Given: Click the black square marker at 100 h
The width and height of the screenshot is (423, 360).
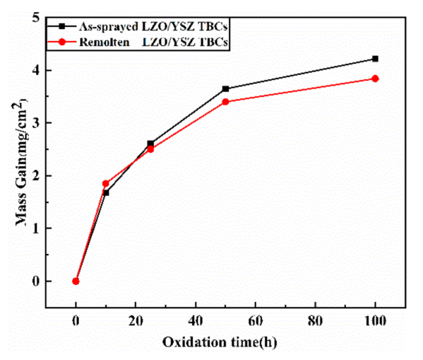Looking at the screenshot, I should tap(375, 58).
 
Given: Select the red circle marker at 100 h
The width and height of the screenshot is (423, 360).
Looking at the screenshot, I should tap(375, 78).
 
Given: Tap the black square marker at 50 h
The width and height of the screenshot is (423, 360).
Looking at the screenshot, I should tap(225, 89).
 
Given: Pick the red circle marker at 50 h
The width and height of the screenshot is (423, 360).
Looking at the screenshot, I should tap(225, 101).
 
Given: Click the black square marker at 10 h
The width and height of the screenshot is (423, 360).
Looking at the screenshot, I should tap(106, 192).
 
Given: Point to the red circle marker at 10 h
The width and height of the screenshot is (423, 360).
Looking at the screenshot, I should tap(105, 183).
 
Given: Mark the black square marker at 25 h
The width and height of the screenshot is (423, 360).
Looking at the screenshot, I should tap(151, 144).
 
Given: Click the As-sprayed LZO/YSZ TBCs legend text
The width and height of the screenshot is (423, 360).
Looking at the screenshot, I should tap(156, 27).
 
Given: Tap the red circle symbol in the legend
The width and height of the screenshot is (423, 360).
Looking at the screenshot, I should tap(62, 42).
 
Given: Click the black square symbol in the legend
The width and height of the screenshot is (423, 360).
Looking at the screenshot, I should tap(62, 27).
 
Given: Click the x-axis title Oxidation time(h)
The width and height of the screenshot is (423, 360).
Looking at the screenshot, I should tap(219, 342).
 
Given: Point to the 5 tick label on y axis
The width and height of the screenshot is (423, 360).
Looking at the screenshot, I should tap(36, 18).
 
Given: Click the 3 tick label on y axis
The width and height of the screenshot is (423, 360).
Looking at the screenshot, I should tap(36, 123).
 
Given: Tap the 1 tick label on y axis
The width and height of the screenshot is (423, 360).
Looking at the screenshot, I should tap(36, 229).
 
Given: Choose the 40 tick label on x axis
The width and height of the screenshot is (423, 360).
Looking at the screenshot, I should tap(195, 322).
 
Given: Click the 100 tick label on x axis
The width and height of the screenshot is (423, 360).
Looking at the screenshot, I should tap(375, 322).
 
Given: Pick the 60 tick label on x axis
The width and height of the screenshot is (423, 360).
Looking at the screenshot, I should tap(255, 322).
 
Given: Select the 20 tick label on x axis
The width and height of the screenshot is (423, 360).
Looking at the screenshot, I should tap(136, 322).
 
